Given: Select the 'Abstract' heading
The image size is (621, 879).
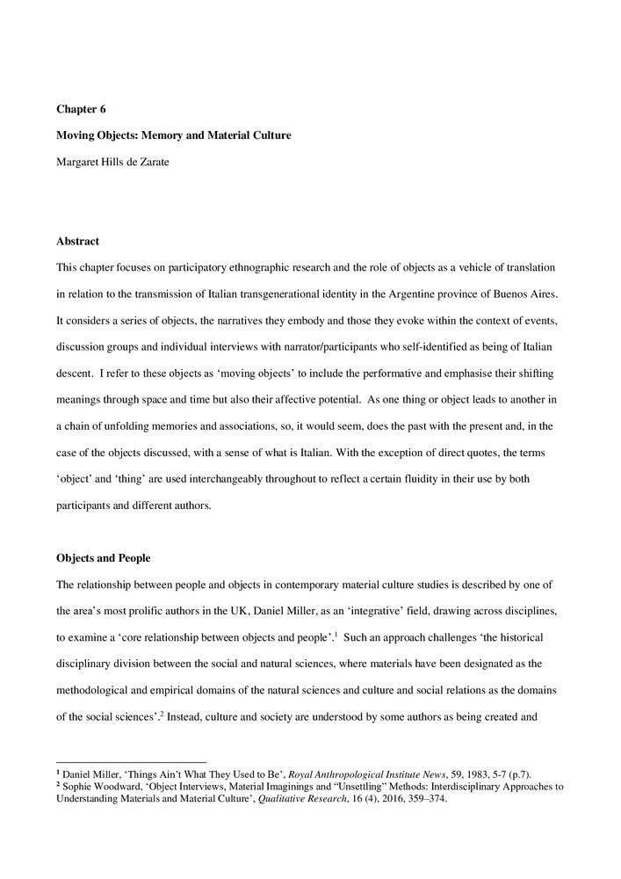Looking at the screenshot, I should pyautogui.click(x=77, y=241).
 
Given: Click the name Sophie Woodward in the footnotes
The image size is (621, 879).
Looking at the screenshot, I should pyautogui.click(x=101, y=787).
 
